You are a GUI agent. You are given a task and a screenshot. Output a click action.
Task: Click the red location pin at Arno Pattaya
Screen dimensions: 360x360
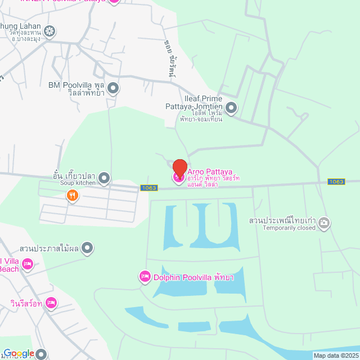point(179,168)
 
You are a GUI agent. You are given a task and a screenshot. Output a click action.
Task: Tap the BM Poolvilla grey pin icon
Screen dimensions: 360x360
point(114,88)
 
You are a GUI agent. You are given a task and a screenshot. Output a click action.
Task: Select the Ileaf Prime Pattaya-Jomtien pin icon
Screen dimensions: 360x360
point(231,107)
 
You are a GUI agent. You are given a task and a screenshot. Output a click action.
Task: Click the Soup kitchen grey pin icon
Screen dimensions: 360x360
point(104,179)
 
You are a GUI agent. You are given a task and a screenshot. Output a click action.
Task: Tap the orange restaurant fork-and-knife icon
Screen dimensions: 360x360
point(72,196)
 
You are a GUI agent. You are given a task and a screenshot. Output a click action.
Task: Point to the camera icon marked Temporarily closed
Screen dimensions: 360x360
point(324,224)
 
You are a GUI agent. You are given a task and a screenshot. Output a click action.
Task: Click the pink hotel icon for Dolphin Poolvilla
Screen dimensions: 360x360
point(145,276)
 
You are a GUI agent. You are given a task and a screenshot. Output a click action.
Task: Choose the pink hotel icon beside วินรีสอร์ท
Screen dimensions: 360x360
point(51,303)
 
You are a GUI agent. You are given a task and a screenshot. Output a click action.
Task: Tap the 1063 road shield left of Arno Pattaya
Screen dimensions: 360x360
point(149,188)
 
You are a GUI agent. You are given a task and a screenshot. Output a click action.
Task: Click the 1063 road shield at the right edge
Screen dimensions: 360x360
point(336,182)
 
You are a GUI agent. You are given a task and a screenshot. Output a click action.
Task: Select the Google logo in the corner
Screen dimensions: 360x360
point(19,353)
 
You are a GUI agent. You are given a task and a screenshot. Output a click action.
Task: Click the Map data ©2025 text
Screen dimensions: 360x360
point(336,355)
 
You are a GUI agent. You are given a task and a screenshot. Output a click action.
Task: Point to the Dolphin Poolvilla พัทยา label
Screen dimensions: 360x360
point(193,277)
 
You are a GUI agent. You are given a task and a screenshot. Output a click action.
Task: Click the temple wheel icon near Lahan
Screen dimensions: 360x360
point(50,31)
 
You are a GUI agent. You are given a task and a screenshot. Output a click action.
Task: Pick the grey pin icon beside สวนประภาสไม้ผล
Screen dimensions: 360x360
point(87,247)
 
